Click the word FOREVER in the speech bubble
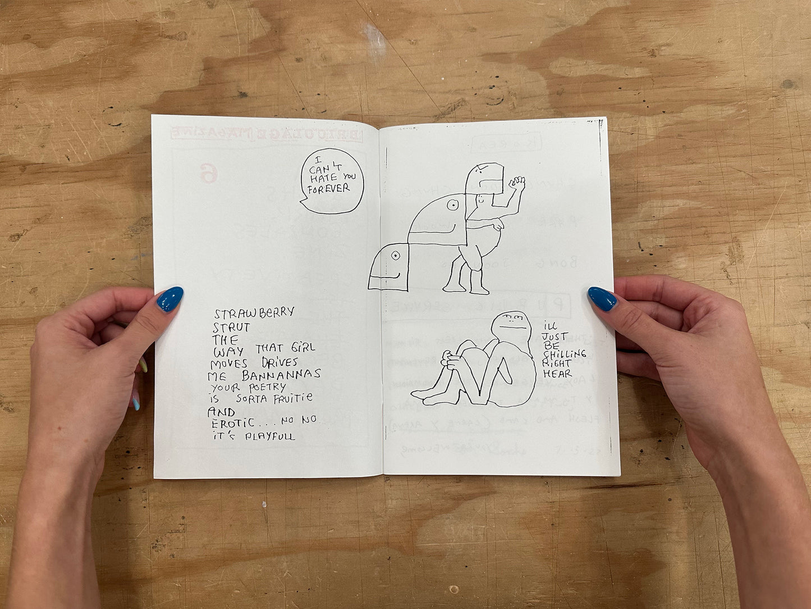coord(328,189)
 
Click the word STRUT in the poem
coord(231,326)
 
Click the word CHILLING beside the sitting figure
coord(564,354)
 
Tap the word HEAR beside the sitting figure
coord(557,374)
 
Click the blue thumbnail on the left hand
coord(169,299)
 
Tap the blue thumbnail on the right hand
coord(602,298)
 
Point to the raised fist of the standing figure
coord(516,183)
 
